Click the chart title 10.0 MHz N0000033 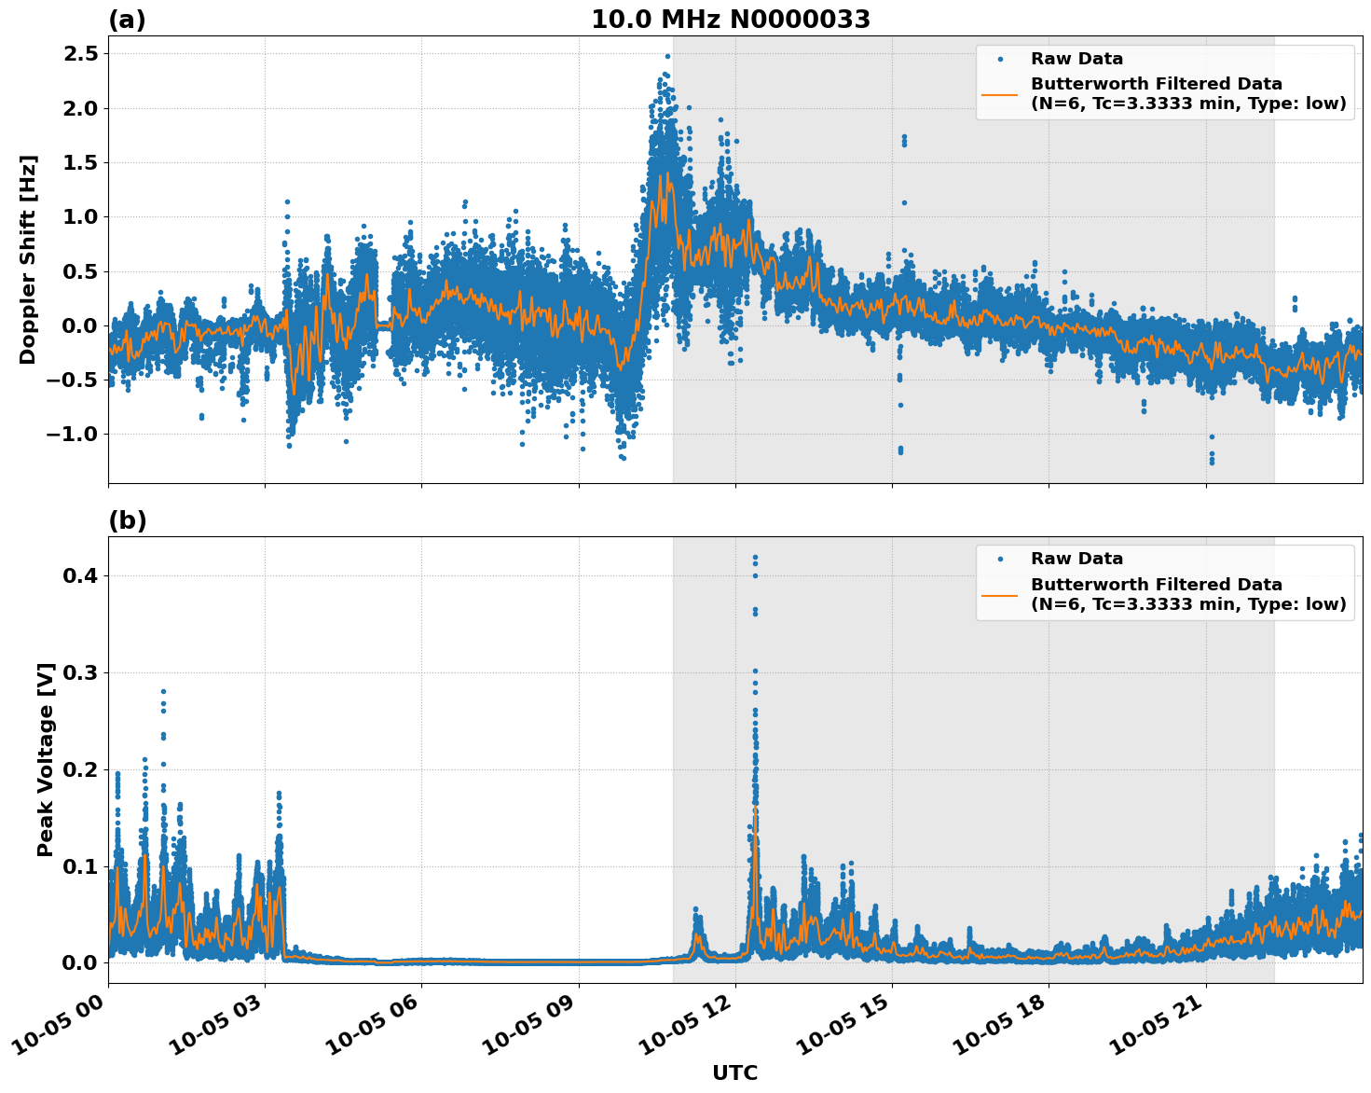pyautogui.click(x=731, y=20)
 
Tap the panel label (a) pyautogui.click(x=127, y=20)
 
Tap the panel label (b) pyautogui.click(x=127, y=520)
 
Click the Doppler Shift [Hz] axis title pyautogui.click(x=28, y=259)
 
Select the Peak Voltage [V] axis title pyautogui.click(x=46, y=759)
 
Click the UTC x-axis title pyautogui.click(x=734, y=1072)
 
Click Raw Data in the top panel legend pyautogui.click(x=1076, y=59)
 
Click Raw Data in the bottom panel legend pyautogui.click(x=1076, y=559)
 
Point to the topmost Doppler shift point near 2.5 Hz pyautogui.click(x=667, y=56)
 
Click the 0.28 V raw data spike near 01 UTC pyautogui.click(x=163, y=692)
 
